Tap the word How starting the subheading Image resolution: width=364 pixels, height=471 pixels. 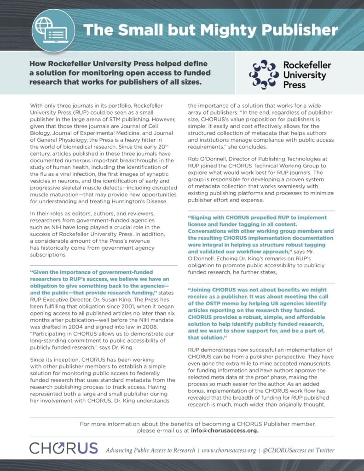[40, 63]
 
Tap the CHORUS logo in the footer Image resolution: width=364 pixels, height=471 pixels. [64, 448]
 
